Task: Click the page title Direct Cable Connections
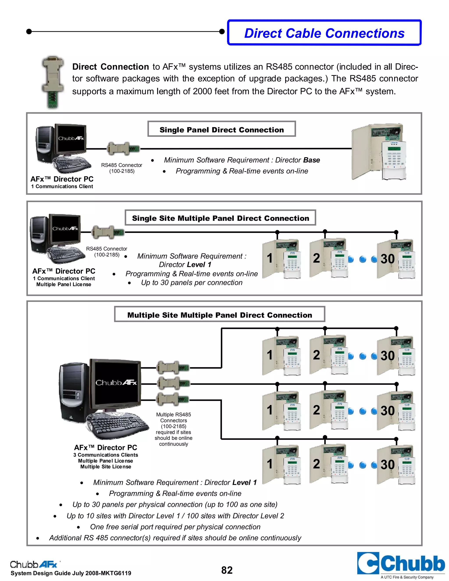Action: (x=324, y=33)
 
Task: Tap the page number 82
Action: (x=227, y=570)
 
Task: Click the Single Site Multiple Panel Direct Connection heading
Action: (x=221, y=218)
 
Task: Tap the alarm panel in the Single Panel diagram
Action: (x=379, y=151)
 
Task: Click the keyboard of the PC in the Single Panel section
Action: (x=72, y=163)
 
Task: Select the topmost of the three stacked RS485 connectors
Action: (x=173, y=368)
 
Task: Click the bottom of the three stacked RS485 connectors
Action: (x=173, y=399)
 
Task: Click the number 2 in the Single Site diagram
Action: (x=316, y=258)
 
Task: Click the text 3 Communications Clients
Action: (x=106, y=455)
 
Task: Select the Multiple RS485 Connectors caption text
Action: (x=173, y=429)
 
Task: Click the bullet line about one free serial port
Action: (x=175, y=527)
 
